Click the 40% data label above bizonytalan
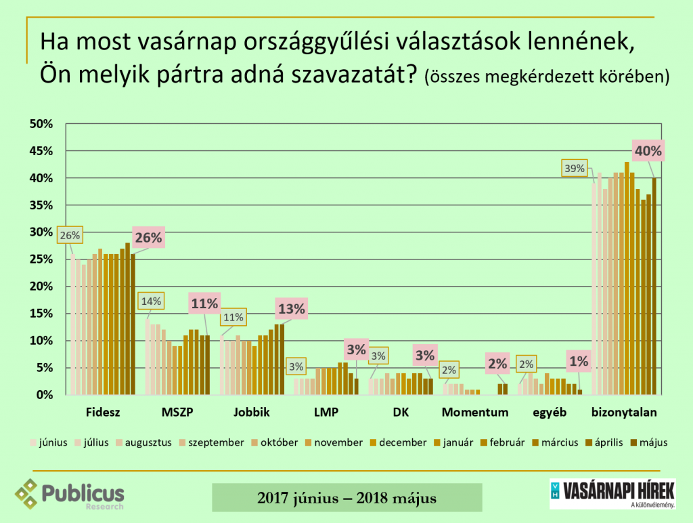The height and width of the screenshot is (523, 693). (648, 150)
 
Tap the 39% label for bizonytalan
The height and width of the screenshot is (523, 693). (575, 168)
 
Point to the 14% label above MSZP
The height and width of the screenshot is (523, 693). (150, 301)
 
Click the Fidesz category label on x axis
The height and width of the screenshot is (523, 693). (104, 411)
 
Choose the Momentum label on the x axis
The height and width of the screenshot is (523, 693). (474, 411)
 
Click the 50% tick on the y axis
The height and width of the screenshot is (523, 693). (41, 124)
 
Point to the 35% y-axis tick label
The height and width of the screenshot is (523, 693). (41, 205)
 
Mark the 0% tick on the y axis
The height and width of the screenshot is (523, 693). (44, 395)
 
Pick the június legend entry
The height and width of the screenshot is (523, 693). (53, 442)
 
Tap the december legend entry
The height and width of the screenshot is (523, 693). (403, 442)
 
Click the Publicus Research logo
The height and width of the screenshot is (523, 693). (70, 495)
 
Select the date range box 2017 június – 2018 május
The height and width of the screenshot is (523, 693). (346, 498)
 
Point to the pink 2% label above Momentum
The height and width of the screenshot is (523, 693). (497, 363)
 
